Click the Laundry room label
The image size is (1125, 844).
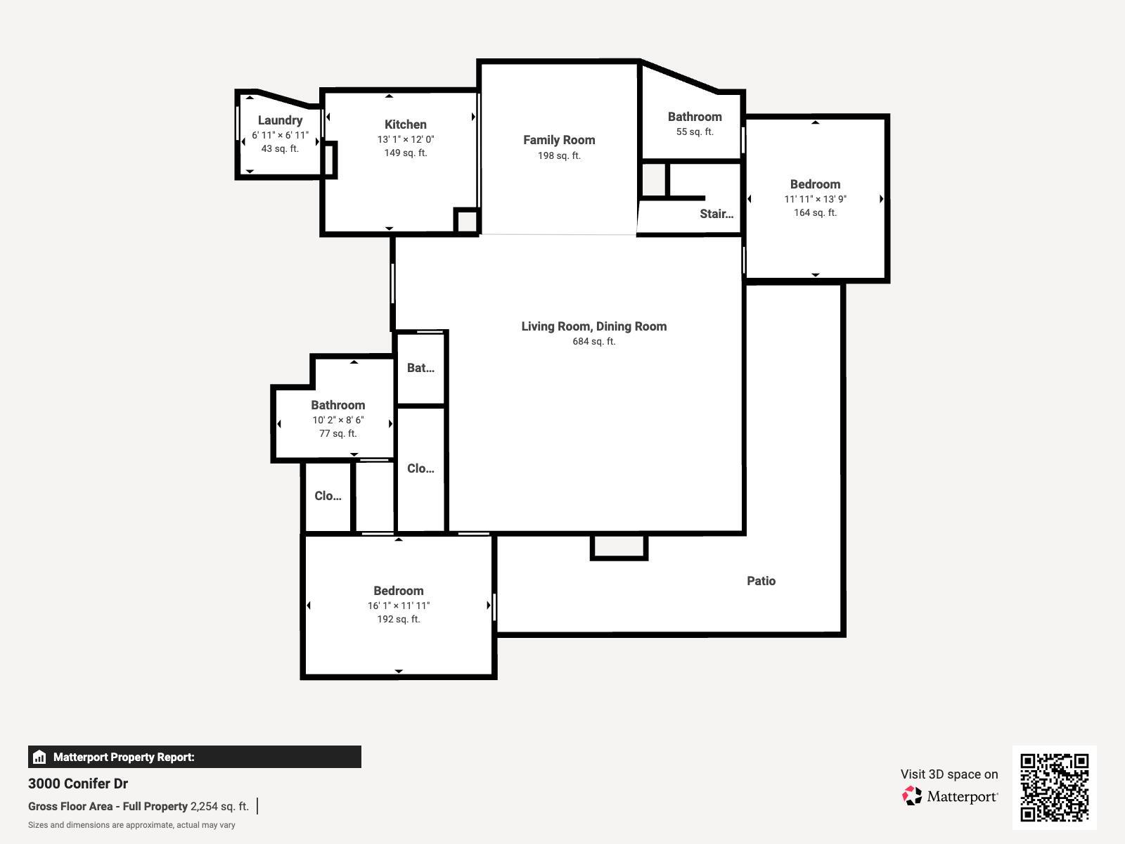tap(280, 120)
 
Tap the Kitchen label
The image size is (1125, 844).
tap(406, 124)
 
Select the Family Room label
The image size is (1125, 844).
tap(559, 140)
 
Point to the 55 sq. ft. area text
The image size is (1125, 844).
tap(695, 132)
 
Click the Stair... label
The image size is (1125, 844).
tap(716, 214)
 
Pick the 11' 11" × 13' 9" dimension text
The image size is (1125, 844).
tap(815, 199)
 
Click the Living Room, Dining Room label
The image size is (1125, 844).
tap(594, 326)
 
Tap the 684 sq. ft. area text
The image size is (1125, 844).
tap(594, 341)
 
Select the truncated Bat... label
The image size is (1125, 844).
tap(420, 368)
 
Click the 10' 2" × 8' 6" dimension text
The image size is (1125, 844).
tap(338, 420)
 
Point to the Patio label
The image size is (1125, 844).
tap(761, 581)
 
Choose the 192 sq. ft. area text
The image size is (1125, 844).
tap(399, 619)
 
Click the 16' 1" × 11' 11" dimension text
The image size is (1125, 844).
tap(399, 606)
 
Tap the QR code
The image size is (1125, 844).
tap(1054, 788)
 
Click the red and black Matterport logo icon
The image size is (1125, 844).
tap(912, 796)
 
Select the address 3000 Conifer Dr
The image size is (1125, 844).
tap(78, 784)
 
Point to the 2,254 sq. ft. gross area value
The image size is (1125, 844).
tap(219, 806)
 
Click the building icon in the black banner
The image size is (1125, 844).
tap(39, 757)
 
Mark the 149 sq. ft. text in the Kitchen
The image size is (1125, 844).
tap(406, 153)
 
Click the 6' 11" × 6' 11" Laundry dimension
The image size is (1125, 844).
tap(280, 135)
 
